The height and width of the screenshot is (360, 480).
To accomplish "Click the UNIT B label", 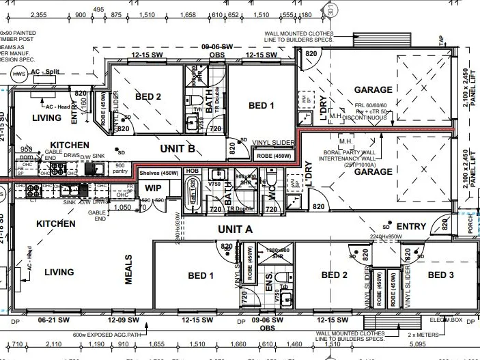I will [x=177, y=148].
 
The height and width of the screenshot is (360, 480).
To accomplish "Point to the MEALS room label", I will [x=128, y=269].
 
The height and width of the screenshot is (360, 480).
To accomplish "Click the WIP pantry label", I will [x=153, y=187].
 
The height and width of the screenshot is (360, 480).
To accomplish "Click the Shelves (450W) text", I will [x=160, y=173].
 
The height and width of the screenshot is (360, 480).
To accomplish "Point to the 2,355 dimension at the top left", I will [x=39, y=14].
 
